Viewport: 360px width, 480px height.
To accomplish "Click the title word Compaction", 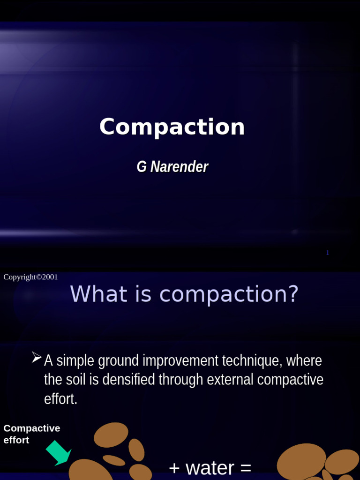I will pos(172,127).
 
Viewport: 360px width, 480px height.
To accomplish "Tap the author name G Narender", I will pos(172,167).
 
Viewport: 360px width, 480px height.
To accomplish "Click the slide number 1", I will pos(328,253).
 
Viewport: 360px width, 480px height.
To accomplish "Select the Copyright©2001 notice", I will pos(30,277).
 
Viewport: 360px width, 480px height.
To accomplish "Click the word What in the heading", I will pos(92,294).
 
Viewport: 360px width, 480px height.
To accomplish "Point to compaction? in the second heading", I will pos(229,294).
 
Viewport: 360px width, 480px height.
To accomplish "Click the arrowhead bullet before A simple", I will pos(37,358).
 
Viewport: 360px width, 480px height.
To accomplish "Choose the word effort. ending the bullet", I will pos(60,399).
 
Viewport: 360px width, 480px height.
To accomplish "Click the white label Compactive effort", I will pos(31,434).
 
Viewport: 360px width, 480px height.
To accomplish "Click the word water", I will pos(210,468).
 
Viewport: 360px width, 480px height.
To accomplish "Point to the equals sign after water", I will pos(246,468).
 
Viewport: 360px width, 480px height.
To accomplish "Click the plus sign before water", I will pos(174,468).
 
